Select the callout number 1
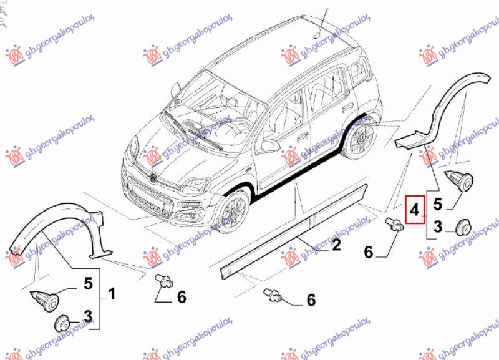click(x=112, y=292)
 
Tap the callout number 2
click(x=336, y=245)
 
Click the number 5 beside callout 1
click(x=88, y=285)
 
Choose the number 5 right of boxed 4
click(x=438, y=203)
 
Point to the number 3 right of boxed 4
click(x=438, y=227)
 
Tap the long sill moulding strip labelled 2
click(x=293, y=228)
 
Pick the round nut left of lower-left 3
click(x=62, y=323)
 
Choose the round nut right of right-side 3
click(x=462, y=227)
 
